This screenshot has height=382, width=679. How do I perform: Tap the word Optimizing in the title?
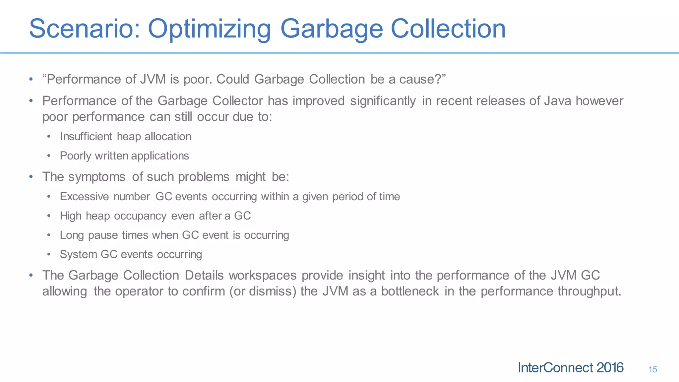[x=209, y=29]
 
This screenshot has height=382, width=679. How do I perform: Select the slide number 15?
[x=652, y=369]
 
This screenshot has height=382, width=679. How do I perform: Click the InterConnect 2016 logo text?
[x=570, y=368]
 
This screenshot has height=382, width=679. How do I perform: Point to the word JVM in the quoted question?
[x=153, y=79]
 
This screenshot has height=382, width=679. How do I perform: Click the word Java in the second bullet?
[x=558, y=101]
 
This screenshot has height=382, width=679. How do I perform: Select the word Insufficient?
[x=86, y=137]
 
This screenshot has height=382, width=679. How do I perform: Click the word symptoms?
[x=97, y=177]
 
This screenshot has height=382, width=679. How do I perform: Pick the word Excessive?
[x=84, y=197]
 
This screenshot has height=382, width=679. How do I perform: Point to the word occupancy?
[x=140, y=216]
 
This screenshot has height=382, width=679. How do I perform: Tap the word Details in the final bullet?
[x=204, y=275]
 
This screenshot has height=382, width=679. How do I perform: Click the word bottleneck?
[x=410, y=291]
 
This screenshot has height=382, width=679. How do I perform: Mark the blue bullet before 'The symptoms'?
[x=31, y=177]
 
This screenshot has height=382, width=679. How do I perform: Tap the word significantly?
[x=383, y=101]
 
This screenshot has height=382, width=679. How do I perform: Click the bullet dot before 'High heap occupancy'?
[x=49, y=216]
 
